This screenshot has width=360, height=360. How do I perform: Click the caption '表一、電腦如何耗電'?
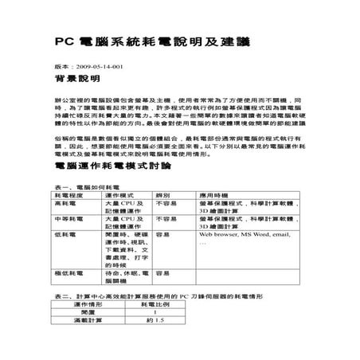pyautogui.click(x=82, y=185)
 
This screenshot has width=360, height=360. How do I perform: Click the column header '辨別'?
pyautogui.click(x=164, y=194)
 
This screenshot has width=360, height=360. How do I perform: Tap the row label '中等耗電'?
pyautogui.click(x=68, y=218)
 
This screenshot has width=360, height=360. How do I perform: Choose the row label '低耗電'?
pyautogui.click(x=65, y=236)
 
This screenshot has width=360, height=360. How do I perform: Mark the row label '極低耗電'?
pyautogui.click(x=68, y=273)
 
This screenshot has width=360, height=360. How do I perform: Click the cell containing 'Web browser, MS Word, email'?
pyautogui.click(x=244, y=236)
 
